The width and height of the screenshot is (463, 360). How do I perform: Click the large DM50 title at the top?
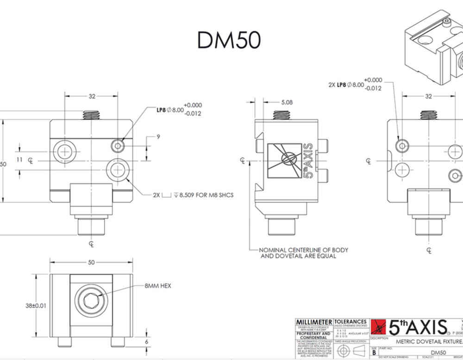pos(229,40)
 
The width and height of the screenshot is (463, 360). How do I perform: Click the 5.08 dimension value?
pos(287,102)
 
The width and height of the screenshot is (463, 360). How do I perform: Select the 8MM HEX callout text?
pos(157,286)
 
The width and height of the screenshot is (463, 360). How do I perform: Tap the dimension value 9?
pos(158,137)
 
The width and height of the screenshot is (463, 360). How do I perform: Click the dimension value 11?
pos(19,159)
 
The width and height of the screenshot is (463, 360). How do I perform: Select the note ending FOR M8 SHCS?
pos(193,195)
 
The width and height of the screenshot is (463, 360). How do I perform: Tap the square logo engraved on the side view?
pos(285,160)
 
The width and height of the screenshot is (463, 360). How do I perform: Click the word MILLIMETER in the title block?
pos(313,322)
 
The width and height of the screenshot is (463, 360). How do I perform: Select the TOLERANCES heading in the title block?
pos(350,322)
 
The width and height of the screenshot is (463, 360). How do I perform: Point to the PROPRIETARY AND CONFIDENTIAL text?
pos(313,335)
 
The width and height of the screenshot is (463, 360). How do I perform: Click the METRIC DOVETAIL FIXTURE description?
pos(427,341)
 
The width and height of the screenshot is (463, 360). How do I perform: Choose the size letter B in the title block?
pos(374,352)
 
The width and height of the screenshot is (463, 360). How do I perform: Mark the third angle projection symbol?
pos(350,350)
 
